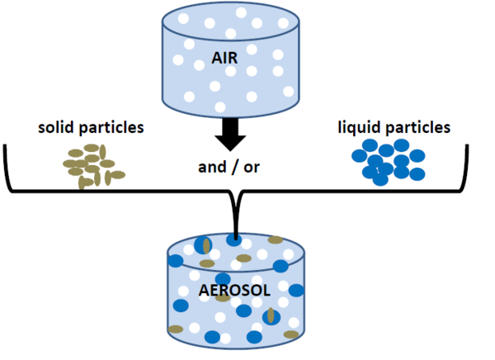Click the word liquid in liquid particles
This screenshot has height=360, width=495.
[359, 128]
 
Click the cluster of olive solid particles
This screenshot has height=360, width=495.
[92, 165]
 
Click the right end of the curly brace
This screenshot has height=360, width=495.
[477, 149]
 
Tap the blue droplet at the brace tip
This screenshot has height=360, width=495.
[236, 242]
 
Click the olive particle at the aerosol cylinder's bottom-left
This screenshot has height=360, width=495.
[176, 329]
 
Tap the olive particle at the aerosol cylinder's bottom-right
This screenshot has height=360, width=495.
[290, 334]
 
